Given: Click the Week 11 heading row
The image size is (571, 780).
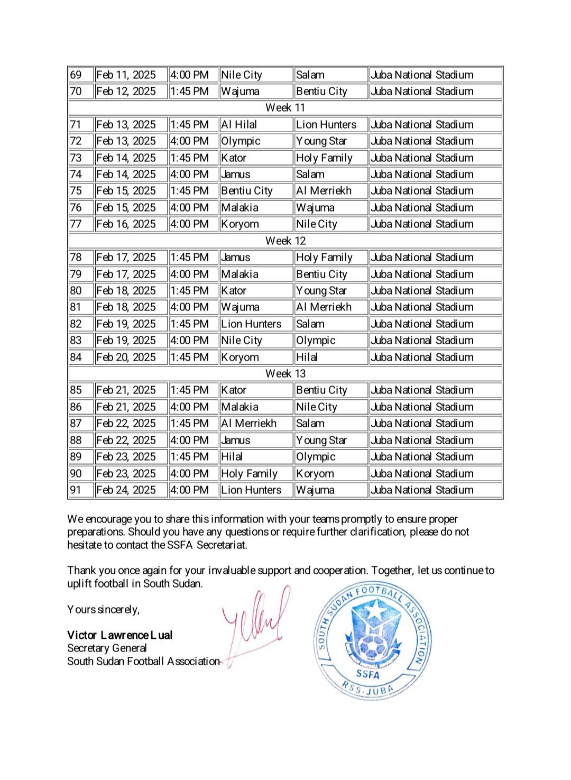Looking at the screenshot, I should tap(285, 108).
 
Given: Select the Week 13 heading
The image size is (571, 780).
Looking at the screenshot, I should tap(285, 374).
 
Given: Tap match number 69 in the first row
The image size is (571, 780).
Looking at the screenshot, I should tap(76, 75).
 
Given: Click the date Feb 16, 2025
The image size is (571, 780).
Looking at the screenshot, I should tap(126, 224).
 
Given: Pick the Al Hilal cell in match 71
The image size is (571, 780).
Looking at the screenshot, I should tap(239, 125).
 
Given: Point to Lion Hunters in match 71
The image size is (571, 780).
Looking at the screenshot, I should tap(326, 125).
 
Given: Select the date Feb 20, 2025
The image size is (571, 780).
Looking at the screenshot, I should tap(126, 357).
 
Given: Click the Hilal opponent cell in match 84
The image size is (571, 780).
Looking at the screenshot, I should tap(307, 357).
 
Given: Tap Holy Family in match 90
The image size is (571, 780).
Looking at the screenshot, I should tap(249, 474).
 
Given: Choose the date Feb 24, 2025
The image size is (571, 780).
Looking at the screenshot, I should tap(126, 490).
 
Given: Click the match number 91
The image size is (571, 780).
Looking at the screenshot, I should tap(76, 490).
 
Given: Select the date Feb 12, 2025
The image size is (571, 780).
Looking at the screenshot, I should tap(126, 91).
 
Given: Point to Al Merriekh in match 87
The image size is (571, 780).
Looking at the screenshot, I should tap(249, 424).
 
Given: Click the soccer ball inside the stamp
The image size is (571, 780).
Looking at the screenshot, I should tap(373, 646).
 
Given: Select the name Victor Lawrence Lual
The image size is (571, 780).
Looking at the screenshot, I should tap(120, 635).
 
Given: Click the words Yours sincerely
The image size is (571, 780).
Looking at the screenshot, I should tap(103, 610).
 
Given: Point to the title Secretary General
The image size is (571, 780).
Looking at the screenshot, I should tap(107, 648).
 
